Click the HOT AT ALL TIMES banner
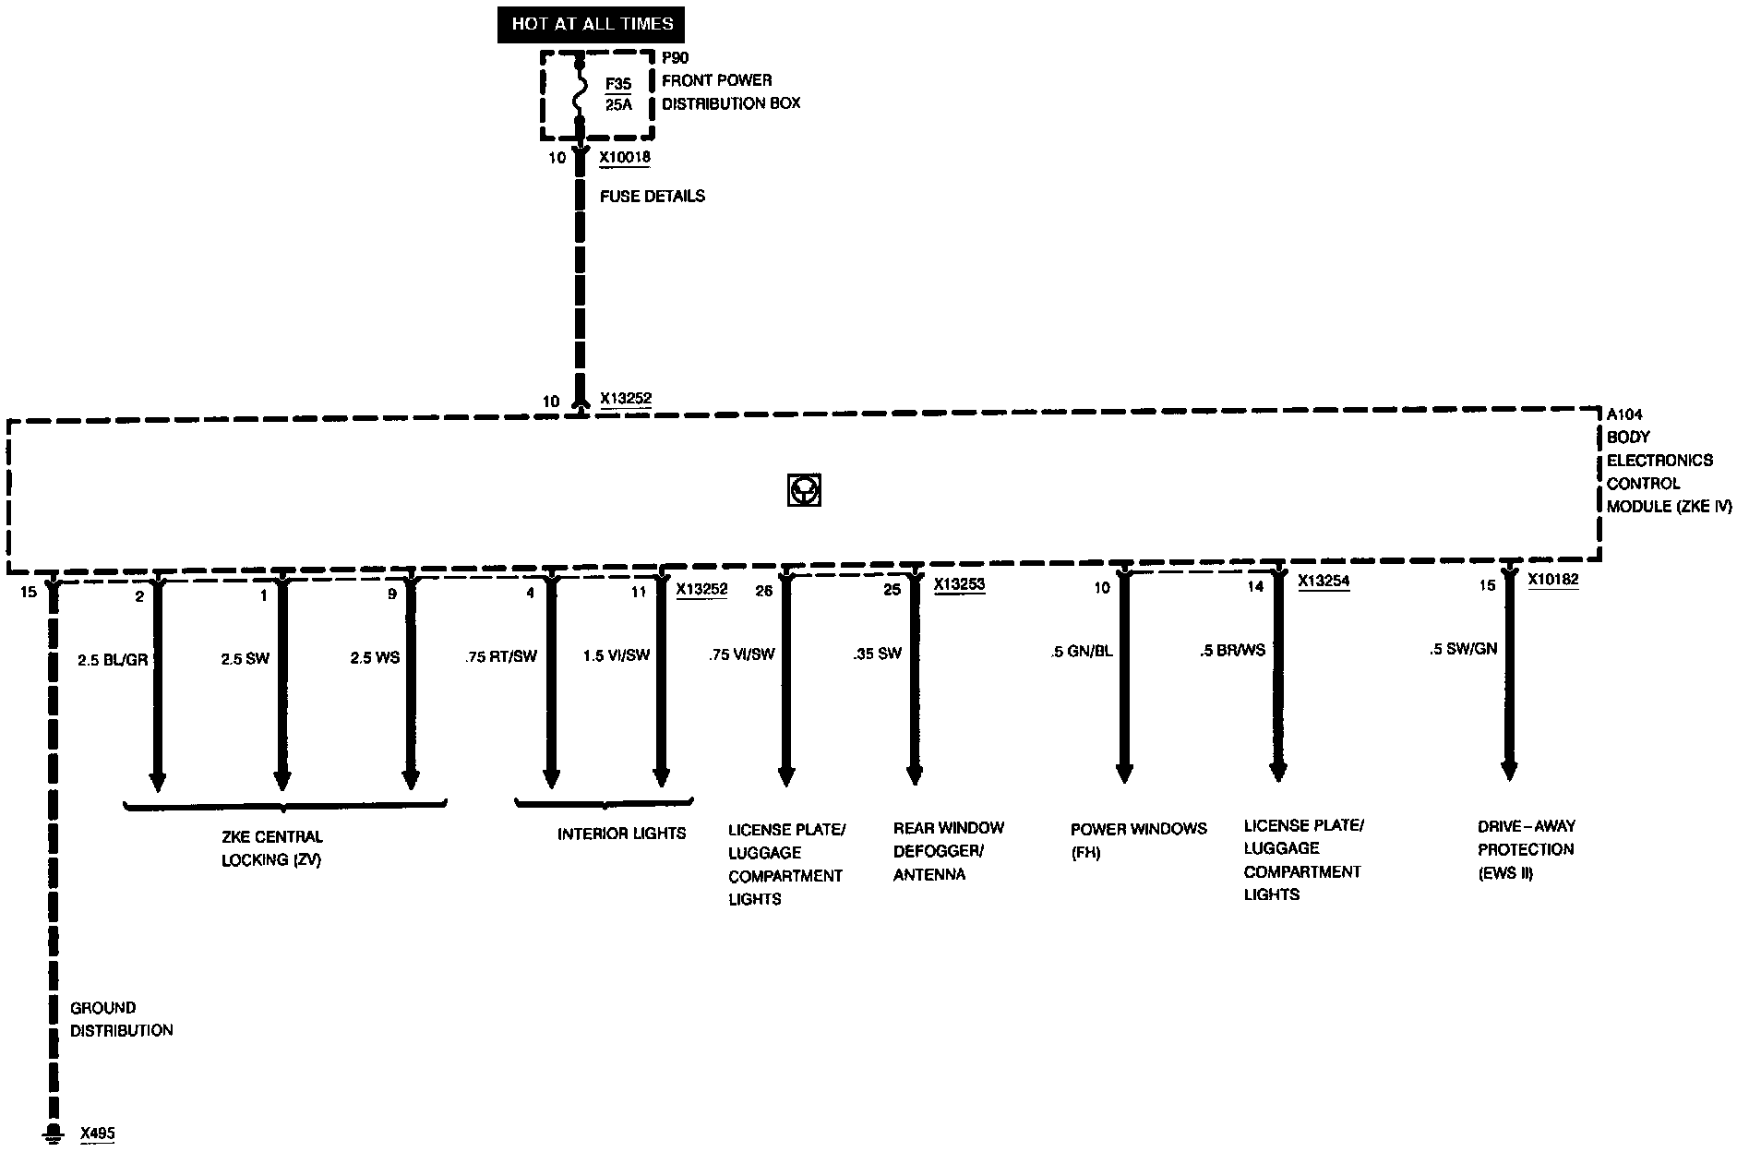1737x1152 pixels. coord(592,24)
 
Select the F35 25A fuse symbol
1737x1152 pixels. coord(580,92)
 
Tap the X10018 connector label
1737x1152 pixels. coord(625,157)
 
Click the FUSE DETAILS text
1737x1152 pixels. coord(653,196)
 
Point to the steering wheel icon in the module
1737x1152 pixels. coord(804,490)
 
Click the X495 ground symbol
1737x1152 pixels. coord(54,1134)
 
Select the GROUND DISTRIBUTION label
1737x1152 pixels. coord(121,1019)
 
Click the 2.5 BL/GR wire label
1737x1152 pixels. coord(113,660)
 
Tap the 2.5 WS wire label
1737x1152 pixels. coord(375,658)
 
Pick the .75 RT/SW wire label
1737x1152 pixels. coord(501,656)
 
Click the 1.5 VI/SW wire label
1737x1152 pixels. coord(617,655)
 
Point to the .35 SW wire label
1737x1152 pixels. coord(877,654)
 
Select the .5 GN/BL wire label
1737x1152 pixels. coord(1082,651)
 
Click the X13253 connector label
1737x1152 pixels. coord(959,584)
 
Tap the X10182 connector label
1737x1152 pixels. coord(1552,580)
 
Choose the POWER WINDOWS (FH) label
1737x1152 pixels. coord(1138,840)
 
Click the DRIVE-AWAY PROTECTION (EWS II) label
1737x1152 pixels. coord(1526,849)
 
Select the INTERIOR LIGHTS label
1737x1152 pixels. coord(621,834)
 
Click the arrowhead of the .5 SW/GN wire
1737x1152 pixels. coord(1509,769)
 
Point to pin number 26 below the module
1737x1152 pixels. coord(764,591)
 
